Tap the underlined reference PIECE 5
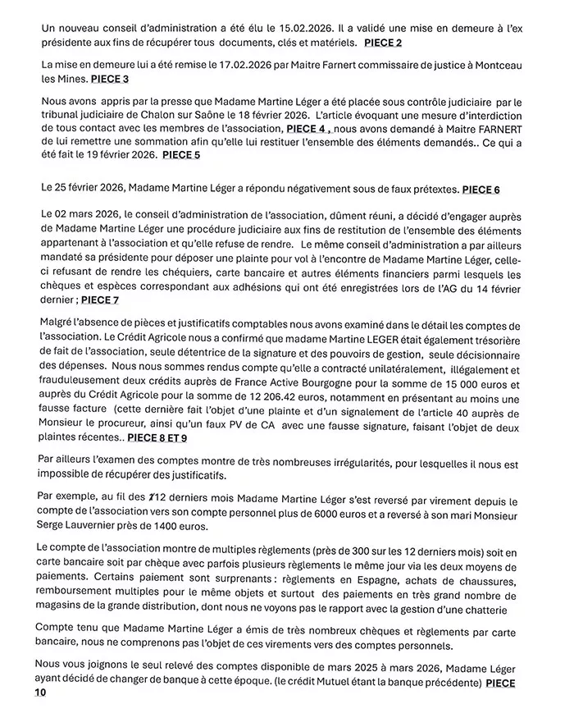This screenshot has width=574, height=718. tap(181, 154)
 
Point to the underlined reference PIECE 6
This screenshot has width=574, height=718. tap(481, 190)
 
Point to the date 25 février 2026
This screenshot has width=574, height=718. tap(88, 189)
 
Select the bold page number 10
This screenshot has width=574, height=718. tap(41, 695)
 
